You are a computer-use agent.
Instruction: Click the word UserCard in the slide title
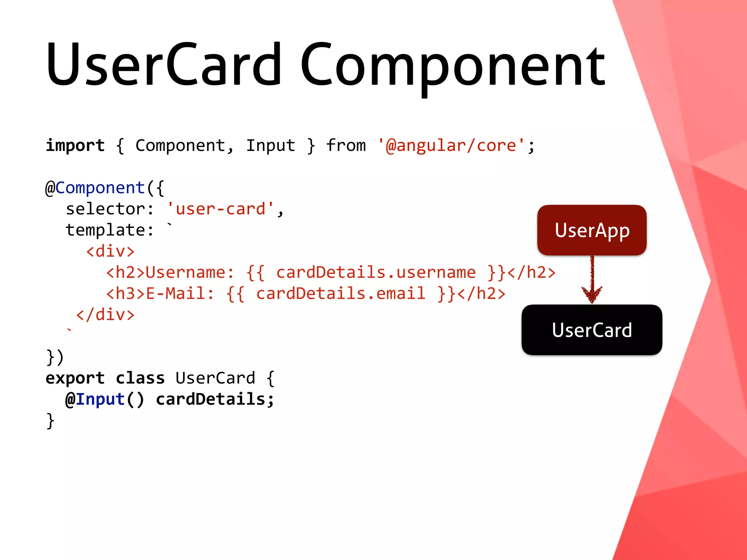pyautogui.click(x=164, y=66)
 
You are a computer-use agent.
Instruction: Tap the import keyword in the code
pyautogui.click(x=75, y=146)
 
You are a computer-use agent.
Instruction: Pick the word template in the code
pyautogui.click(x=105, y=230)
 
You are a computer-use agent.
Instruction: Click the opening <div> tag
pyautogui.click(x=110, y=252)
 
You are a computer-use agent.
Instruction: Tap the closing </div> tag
pyautogui.click(x=105, y=315)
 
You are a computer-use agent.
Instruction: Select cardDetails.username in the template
pyautogui.click(x=376, y=273)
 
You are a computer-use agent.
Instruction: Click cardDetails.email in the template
pyautogui.click(x=341, y=294)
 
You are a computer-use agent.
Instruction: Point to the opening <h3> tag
pyautogui.click(x=125, y=294)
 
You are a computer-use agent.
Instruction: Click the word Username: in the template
pyautogui.click(x=190, y=273)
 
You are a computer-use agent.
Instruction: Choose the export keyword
pyautogui.click(x=75, y=378)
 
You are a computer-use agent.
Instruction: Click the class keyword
pyautogui.click(x=140, y=378)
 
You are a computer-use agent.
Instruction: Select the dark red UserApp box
pyautogui.click(x=592, y=230)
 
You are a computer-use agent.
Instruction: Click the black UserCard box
pyautogui.click(x=592, y=330)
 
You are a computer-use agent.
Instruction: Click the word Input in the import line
pyautogui.click(x=270, y=146)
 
